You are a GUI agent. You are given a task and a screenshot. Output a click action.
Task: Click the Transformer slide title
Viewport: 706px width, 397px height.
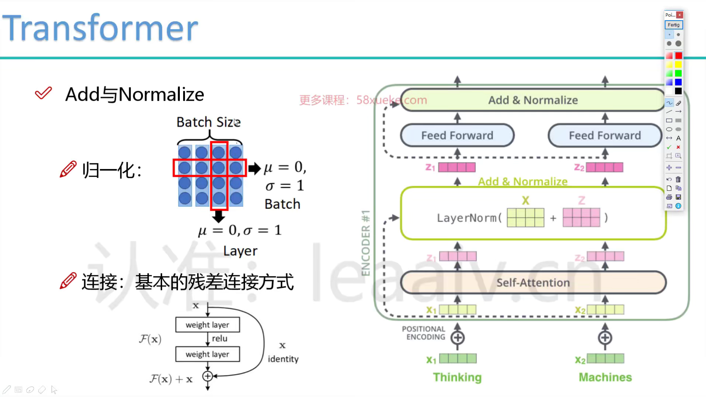[x=100, y=28]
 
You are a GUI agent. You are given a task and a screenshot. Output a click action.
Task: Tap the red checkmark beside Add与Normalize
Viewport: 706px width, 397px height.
[x=43, y=93]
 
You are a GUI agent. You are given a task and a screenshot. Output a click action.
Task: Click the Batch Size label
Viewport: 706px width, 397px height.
[x=208, y=122]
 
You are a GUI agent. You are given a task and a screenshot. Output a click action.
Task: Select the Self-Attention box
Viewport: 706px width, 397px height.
[x=533, y=282]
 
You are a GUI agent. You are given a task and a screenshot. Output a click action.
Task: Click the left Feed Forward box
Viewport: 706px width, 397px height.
[x=457, y=135]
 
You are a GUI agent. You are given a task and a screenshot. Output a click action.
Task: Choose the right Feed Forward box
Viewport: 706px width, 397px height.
[x=605, y=135]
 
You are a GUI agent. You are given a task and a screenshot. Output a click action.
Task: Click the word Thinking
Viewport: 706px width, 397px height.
[x=457, y=377]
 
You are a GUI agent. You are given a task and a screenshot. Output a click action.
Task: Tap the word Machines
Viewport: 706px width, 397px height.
[x=605, y=377]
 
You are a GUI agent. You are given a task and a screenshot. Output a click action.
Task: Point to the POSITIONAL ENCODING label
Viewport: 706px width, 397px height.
[x=424, y=333]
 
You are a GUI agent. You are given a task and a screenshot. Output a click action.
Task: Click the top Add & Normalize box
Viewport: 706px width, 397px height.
[x=533, y=100]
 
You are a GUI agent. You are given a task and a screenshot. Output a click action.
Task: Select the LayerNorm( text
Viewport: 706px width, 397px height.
[x=469, y=218]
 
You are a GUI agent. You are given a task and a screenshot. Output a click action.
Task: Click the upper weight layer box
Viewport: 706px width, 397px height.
[x=207, y=325]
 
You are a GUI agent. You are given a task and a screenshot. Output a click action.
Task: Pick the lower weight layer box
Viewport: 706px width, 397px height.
[x=207, y=354]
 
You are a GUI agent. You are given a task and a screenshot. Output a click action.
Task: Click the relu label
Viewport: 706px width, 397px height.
[x=220, y=339]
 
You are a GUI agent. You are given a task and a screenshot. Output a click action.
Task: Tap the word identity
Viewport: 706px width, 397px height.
[x=283, y=359]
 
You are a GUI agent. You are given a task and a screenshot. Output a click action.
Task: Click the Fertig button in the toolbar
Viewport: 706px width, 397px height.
[x=674, y=25]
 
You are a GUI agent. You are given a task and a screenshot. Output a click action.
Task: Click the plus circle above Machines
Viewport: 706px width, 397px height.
[x=605, y=338]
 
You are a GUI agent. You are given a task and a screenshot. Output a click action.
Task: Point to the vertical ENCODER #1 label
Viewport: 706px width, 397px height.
[x=366, y=243]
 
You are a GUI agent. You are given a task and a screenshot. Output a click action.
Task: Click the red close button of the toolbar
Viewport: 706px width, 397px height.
[x=680, y=15]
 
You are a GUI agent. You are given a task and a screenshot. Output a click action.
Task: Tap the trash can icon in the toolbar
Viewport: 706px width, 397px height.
[x=678, y=179]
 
